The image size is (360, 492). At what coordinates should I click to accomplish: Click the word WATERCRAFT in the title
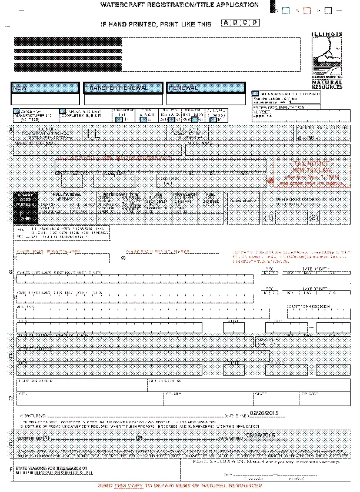[x=126, y=5]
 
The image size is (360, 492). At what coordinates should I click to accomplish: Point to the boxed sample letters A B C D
[x=240, y=23]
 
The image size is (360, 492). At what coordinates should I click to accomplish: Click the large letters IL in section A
[x=93, y=133]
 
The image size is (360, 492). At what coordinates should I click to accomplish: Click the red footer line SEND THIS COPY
[x=179, y=487]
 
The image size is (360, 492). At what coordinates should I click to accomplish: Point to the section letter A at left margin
[x=10, y=129]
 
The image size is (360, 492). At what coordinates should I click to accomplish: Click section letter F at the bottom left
[x=10, y=468]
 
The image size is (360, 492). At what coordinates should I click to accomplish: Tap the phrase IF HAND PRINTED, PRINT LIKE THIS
[x=156, y=24]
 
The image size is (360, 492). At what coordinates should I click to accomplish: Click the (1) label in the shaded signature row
[x=45, y=437]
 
